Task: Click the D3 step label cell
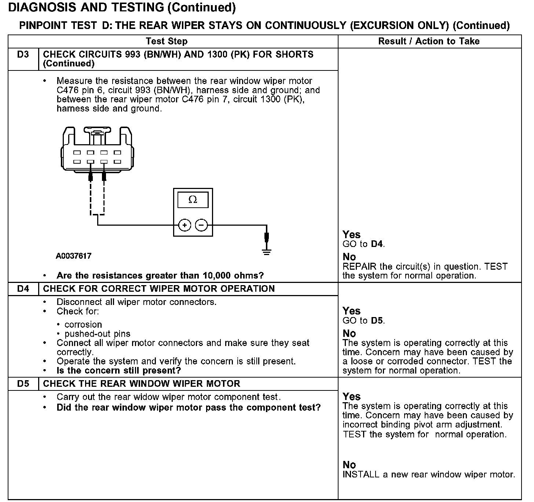(x=23, y=55)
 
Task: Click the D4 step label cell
(x=23, y=289)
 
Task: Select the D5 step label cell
(x=23, y=384)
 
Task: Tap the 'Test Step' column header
(x=167, y=41)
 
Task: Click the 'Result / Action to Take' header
(x=429, y=41)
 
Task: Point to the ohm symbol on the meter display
(x=193, y=200)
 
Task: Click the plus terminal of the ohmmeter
(x=185, y=225)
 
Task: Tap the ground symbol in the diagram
(x=267, y=252)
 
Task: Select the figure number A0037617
(x=74, y=256)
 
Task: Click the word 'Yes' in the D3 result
(x=351, y=234)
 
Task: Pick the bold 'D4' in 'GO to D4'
(x=377, y=244)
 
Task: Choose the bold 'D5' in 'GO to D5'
(x=377, y=321)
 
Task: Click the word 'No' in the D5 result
(x=349, y=465)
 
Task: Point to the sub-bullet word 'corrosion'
(x=83, y=325)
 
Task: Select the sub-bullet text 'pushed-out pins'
(x=98, y=334)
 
